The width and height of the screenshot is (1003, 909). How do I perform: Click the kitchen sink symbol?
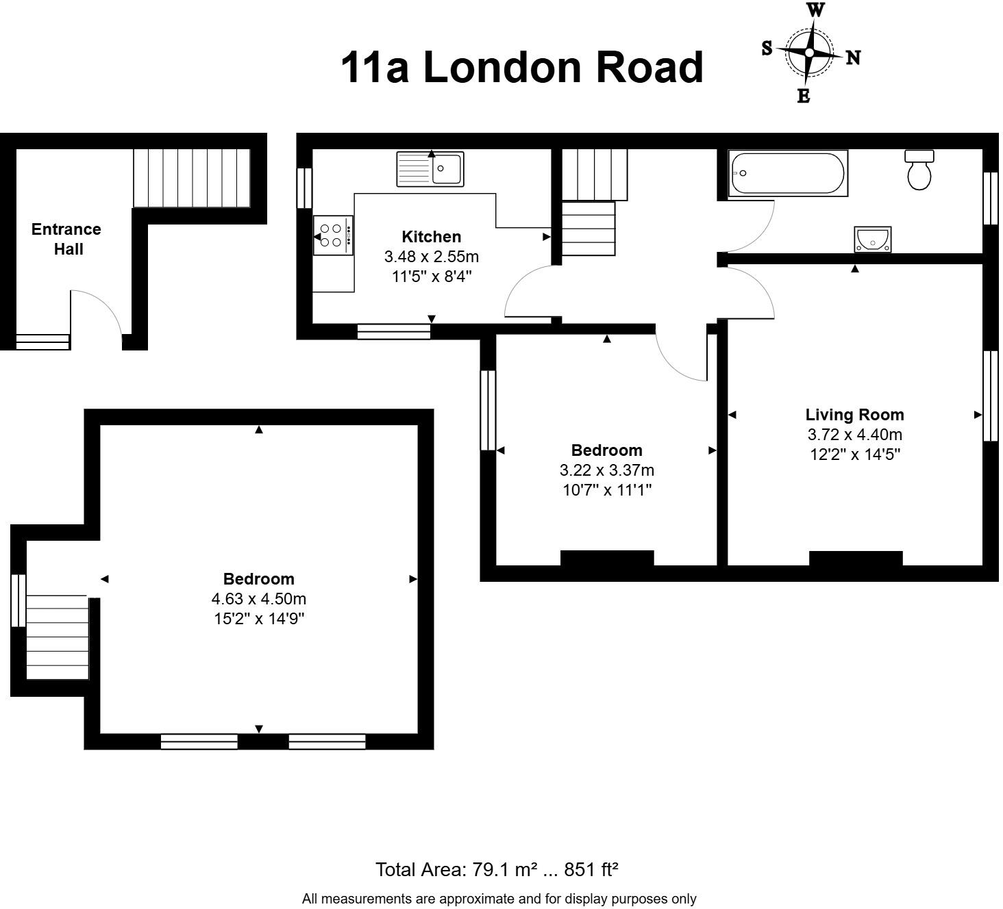coord(430,169)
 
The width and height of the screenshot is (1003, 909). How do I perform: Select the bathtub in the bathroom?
coord(787,174)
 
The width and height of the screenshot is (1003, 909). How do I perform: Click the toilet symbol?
coord(919,170)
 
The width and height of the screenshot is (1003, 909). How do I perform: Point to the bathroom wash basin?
coord(873,240)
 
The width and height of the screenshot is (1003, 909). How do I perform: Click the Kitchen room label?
coord(431,237)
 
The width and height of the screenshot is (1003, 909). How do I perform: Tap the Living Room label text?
coord(854,415)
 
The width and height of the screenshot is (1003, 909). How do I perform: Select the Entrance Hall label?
coord(66,239)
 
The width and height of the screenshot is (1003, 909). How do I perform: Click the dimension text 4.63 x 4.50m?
coord(258,599)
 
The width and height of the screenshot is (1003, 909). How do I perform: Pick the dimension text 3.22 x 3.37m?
coord(606,470)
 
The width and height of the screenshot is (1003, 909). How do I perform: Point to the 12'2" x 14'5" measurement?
coord(854,454)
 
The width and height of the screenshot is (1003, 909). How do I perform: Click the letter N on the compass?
coord(853,58)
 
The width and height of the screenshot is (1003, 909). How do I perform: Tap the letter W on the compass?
coord(815,10)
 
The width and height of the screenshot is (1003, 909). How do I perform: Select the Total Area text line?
coord(497,869)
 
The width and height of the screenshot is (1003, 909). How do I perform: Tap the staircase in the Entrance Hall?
coord(191,178)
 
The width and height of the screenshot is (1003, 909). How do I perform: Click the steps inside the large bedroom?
coord(58,637)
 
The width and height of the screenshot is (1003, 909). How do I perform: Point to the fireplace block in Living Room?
coord(855,559)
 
